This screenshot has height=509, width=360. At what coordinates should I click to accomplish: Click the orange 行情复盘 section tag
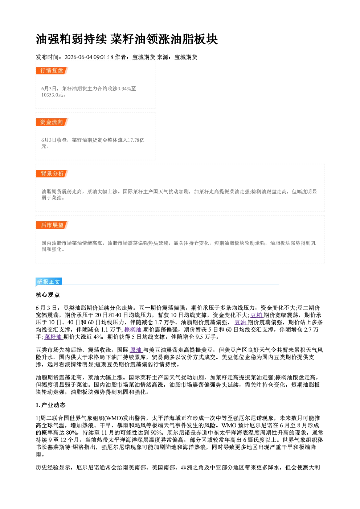[52, 70]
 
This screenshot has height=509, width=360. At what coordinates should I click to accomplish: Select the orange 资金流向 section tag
[52, 122]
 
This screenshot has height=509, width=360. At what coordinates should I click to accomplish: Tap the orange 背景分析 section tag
[52, 174]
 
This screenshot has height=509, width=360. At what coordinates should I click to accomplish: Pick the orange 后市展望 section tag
[52, 225]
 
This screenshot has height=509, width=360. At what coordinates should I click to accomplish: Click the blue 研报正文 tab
[49, 282]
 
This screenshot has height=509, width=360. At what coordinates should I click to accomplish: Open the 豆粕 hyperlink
[257, 315]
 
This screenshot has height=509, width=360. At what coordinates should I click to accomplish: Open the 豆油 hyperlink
[241, 322]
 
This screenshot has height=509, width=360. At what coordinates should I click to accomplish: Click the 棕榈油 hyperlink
[133, 329]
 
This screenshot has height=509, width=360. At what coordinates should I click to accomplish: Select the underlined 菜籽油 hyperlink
[53, 337]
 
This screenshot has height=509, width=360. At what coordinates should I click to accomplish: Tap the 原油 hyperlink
[136, 350]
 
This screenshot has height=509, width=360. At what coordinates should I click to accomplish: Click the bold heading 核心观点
[48, 295]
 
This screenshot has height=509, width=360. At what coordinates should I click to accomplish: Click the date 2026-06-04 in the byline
[78, 57]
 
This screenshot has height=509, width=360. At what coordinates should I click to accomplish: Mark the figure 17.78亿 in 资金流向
[136, 140]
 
